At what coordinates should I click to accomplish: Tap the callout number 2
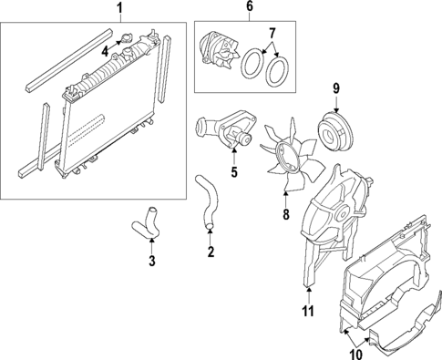coord(211,251)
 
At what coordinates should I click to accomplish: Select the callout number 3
coord(152,261)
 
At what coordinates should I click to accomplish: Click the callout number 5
coord(234,170)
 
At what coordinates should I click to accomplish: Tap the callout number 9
coord(334,87)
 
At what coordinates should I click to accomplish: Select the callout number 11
coord(308,311)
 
